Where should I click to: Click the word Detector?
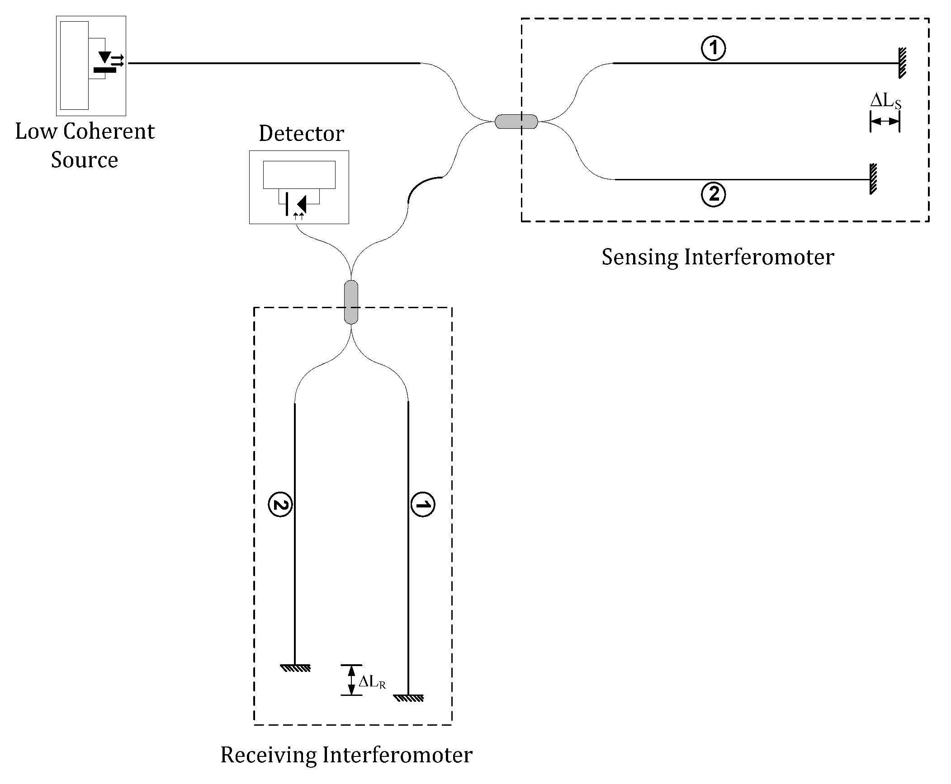coord(301,134)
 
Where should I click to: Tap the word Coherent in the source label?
coord(109,131)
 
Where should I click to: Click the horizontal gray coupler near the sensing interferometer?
coord(516,122)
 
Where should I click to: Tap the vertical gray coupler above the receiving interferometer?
coord(351,302)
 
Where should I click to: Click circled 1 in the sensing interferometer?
coord(713,48)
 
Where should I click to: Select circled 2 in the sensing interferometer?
coord(713,195)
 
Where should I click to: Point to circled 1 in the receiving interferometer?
coord(422,505)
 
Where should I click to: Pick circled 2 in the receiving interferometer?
coord(280,505)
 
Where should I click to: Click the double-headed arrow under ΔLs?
coord(885,121)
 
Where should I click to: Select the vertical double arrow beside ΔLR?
coord(351,680)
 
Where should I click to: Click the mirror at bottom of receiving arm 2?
coord(295,668)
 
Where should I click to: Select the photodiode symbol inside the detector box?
coord(299,204)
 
